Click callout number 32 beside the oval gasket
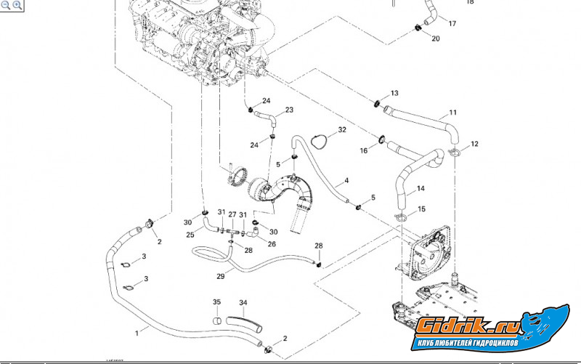[341, 130]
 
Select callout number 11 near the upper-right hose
[452, 113]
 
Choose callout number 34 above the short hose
[243, 302]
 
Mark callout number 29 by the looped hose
[221, 276]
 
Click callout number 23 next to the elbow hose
[289, 110]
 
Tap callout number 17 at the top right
[452, 24]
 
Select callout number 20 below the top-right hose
[435, 39]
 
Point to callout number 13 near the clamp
[394, 94]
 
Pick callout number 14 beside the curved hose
[420, 190]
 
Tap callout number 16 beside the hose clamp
[365, 150]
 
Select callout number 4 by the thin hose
[346, 180]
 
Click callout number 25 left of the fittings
[190, 235]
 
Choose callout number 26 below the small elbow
[272, 243]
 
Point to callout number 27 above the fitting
[232, 214]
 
